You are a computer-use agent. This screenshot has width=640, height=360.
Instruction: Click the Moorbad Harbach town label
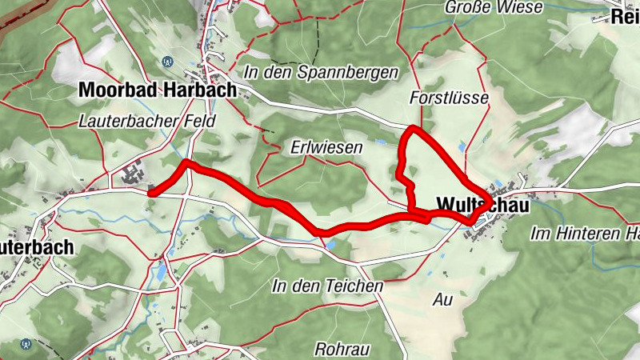tap(158, 90)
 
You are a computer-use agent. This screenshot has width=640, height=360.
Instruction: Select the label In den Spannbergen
tap(323, 73)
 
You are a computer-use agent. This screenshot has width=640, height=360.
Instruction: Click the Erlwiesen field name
tap(326, 148)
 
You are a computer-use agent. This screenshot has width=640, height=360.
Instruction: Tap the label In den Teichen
tap(327, 286)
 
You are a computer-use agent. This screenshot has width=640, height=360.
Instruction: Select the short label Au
tap(442, 301)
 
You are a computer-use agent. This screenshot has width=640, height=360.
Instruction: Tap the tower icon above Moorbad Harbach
tap(167, 61)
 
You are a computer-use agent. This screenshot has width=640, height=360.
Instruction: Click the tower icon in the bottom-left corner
tap(27, 344)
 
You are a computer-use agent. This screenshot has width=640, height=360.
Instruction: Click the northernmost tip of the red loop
tap(411, 129)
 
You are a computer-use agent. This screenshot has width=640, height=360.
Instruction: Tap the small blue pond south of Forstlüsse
tap(462, 146)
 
